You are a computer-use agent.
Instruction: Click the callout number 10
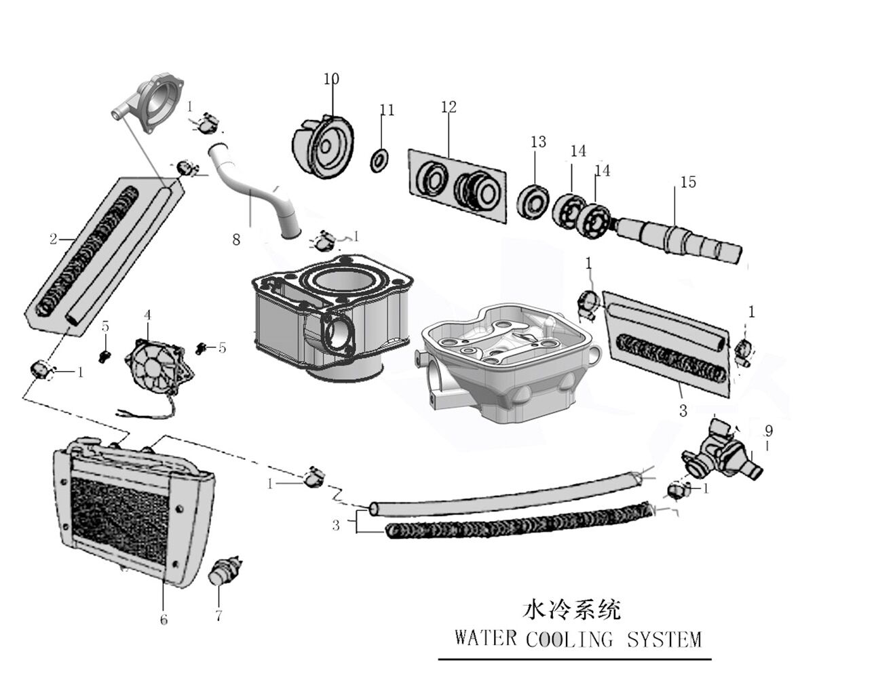click(x=330, y=79)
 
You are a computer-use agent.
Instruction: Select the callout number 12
click(x=449, y=107)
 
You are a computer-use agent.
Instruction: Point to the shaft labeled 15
click(x=679, y=237)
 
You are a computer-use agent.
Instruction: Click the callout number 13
click(x=538, y=142)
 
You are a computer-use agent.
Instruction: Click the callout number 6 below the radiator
click(x=164, y=619)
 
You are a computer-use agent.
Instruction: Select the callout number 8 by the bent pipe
click(x=236, y=240)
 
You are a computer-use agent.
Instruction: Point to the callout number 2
click(x=53, y=239)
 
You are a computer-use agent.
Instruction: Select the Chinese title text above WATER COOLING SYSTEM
click(x=572, y=610)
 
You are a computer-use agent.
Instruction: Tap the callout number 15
click(x=688, y=182)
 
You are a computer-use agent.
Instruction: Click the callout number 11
click(x=387, y=110)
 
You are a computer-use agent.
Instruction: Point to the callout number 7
click(x=218, y=616)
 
